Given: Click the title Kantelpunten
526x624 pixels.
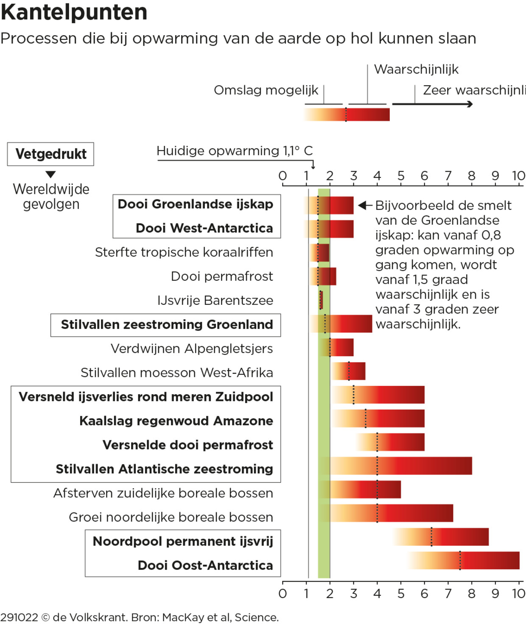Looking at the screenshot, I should coord(74,12).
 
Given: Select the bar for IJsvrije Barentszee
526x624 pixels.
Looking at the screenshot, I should coord(321,300).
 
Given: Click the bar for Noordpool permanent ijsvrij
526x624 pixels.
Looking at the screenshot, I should coord(441,537).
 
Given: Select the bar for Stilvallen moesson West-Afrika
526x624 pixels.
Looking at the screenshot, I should coord(349,371).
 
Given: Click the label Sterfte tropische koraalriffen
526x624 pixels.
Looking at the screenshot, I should coord(184,252).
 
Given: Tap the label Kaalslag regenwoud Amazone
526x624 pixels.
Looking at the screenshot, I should coord(176,421).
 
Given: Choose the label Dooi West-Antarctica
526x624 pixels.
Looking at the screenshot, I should coord(204,228).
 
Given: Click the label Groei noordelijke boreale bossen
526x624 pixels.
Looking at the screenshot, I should coord(171,517).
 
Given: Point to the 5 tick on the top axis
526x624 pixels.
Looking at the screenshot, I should coord(401,176).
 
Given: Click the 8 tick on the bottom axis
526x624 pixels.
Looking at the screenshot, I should coord(472,593).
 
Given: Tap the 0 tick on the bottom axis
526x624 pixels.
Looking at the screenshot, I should coord(283,593).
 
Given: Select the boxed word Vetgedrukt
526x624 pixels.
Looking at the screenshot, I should coord(51,154).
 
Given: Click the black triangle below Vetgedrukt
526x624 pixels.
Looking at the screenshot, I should coord(51,174).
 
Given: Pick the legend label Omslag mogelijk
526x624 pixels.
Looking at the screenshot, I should coord(266,90).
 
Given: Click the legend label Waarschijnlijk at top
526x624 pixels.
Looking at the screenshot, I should coord(416,69).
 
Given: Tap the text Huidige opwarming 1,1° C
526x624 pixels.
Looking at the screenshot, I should coord(235,151).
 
